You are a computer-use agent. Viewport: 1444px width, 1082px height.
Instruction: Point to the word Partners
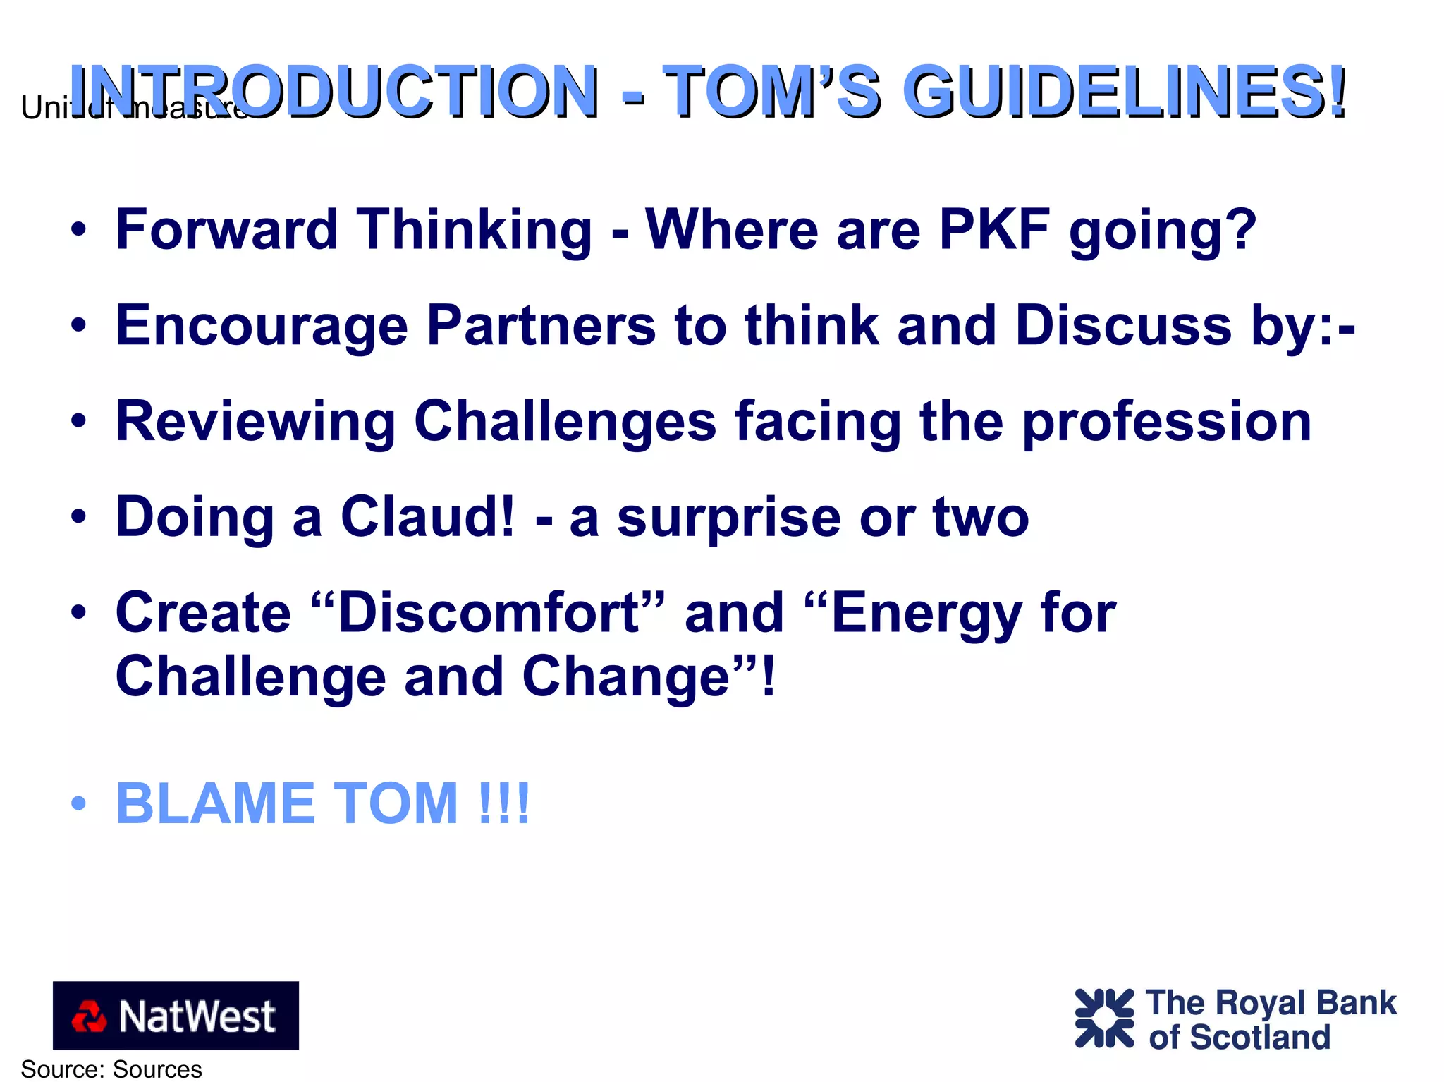click(541, 325)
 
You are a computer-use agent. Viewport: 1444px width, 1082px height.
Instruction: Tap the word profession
click(1167, 423)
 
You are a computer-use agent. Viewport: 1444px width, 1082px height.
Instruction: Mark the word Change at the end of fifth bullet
click(626, 676)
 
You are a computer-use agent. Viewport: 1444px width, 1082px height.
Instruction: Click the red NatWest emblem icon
click(89, 1016)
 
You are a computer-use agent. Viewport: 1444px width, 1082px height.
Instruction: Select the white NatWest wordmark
click(197, 1016)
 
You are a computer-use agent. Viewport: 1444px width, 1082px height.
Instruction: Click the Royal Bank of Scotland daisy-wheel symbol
click(1104, 1018)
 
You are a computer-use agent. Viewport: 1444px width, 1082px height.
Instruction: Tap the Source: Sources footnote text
click(111, 1069)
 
